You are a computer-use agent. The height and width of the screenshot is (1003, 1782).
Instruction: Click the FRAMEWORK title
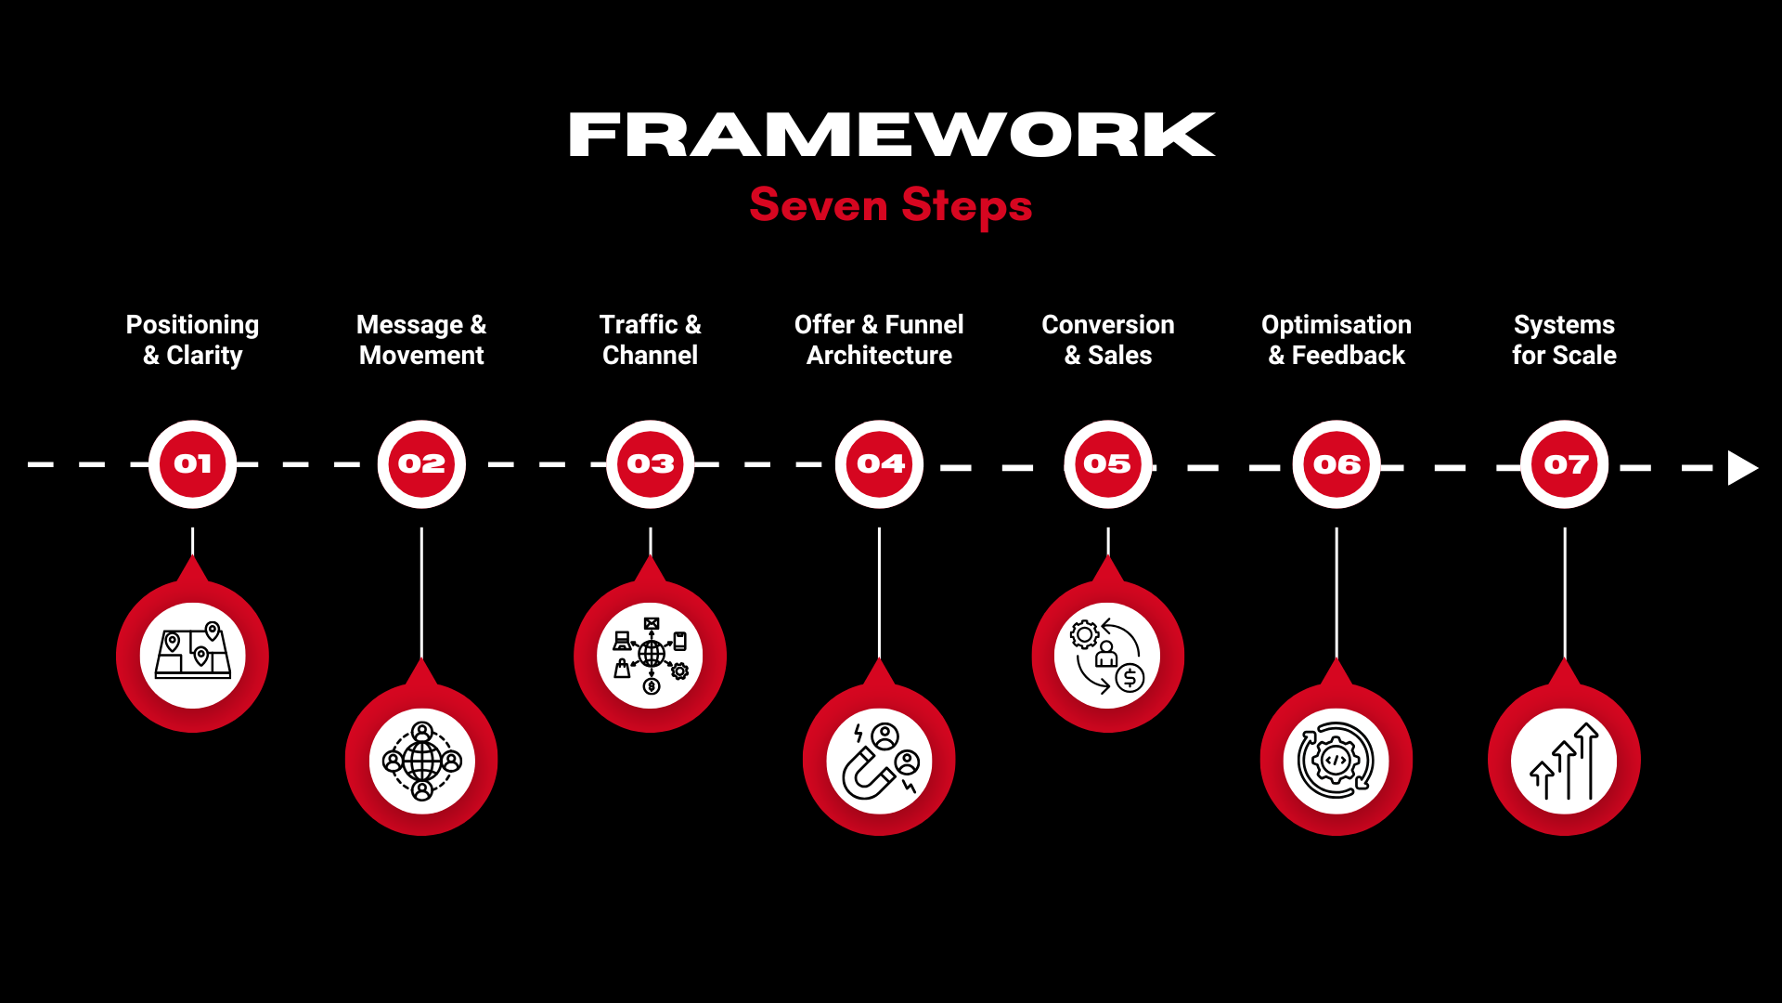891,135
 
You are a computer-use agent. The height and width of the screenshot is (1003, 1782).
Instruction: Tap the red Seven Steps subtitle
891,205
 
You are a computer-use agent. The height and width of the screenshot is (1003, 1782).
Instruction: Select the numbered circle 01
193,463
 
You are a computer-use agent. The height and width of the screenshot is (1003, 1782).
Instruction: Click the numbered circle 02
421,463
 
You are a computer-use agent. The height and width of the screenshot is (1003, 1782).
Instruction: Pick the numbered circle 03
651,463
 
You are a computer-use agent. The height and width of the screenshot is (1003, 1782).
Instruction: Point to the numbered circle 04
879,463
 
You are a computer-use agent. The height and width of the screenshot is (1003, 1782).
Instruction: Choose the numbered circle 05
1108,463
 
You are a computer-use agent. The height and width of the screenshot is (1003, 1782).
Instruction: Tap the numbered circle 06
1336,463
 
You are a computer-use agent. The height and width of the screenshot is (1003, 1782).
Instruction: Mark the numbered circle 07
1565,463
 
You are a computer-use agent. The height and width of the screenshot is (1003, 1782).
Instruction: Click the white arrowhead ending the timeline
1741,468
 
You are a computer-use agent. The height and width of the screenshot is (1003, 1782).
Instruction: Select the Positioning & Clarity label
193,340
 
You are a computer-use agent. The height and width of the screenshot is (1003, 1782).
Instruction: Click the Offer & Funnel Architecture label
879,340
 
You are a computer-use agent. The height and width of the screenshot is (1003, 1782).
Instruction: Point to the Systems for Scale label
1565,340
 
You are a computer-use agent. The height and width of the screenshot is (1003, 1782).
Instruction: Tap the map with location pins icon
193,653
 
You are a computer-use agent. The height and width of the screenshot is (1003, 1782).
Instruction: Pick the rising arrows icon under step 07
1565,762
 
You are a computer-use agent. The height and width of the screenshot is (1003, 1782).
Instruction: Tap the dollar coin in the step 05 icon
1130,678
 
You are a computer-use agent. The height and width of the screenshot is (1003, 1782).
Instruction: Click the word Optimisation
1336,324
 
